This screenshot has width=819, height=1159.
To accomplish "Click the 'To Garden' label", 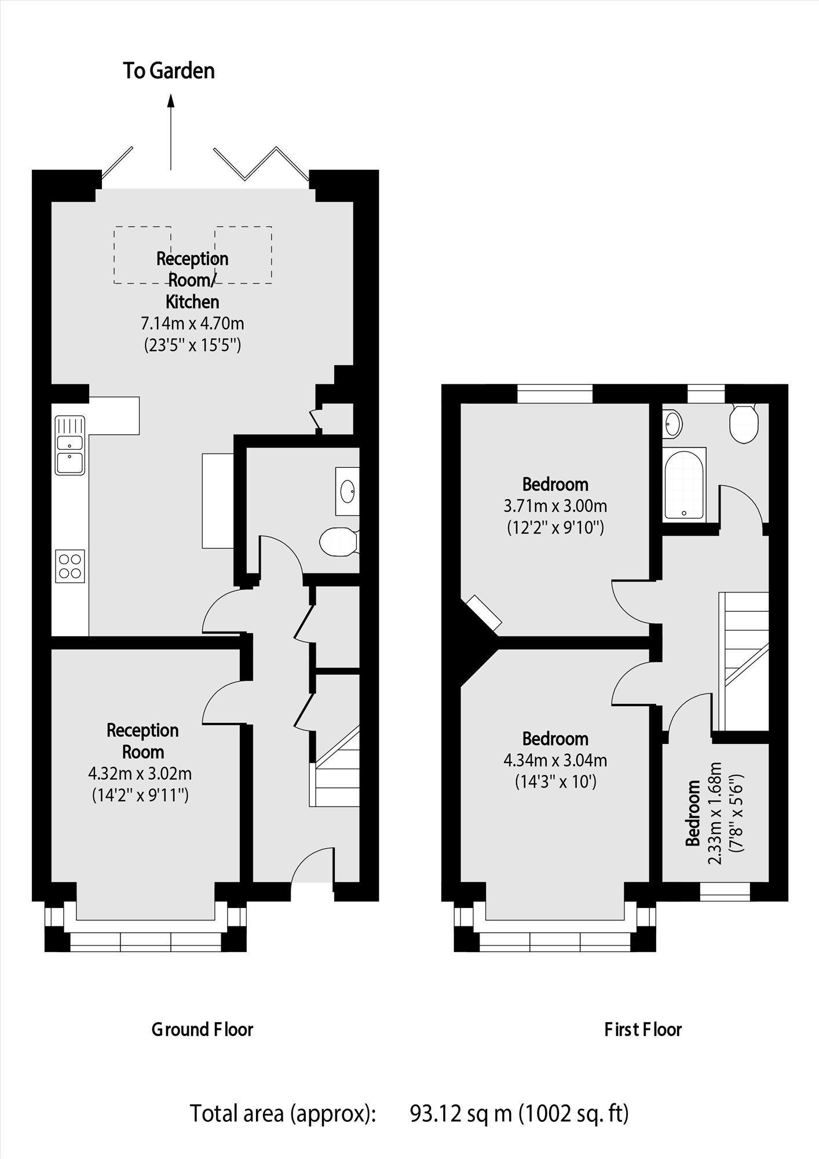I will [x=169, y=71].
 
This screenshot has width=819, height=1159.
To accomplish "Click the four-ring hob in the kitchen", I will [x=70, y=566].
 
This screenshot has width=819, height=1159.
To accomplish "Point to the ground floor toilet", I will [x=338, y=542].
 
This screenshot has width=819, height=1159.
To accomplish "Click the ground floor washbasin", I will [x=348, y=491].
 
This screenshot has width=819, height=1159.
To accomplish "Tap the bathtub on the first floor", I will [x=684, y=484].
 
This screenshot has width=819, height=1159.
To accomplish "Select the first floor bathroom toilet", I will [x=744, y=423].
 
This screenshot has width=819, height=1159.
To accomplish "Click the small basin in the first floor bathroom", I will [x=672, y=423].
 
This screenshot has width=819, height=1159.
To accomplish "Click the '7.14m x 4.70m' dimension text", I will [x=192, y=323].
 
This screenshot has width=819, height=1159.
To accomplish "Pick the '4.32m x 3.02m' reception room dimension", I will [x=140, y=773].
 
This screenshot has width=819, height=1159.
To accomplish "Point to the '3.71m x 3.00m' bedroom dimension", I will [x=555, y=506].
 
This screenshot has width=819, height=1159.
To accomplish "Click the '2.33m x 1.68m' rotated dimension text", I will [x=715, y=813].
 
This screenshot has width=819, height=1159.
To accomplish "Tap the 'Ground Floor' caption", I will [x=202, y=1030].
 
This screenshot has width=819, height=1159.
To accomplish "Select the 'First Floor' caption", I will [x=643, y=1030].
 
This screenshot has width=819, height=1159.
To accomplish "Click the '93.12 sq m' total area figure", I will [x=461, y=1113].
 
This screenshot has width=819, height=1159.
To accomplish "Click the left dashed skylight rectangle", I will [x=142, y=255].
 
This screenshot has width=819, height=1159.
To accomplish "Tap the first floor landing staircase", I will [x=744, y=661].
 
